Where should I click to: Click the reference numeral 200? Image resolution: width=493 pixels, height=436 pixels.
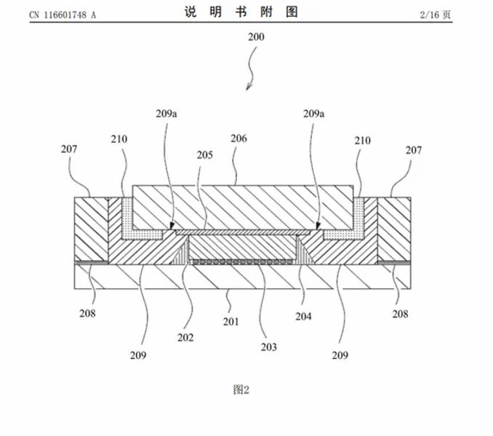(257, 36)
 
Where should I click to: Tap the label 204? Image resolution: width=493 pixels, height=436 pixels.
(304, 317)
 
